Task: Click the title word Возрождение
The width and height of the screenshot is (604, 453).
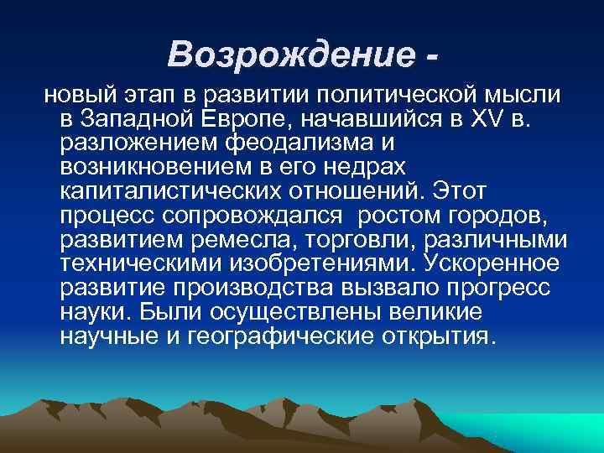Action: click(286, 55)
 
